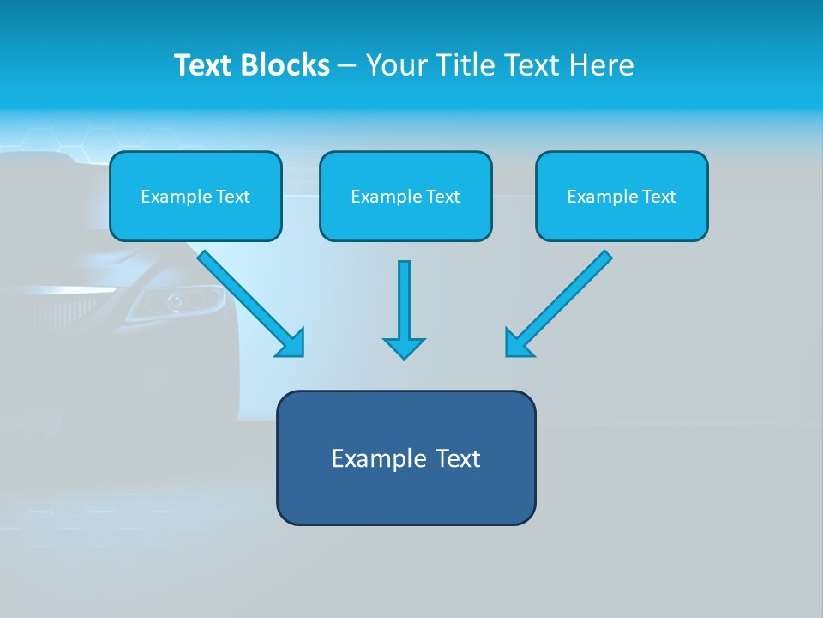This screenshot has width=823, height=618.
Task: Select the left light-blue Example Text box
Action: [x=195, y=197]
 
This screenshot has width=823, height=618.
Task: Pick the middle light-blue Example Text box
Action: [x=405, y=197]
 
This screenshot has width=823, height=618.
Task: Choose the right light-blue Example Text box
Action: [x=622, y=197]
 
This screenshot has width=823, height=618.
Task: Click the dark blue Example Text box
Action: [x=405, y=458]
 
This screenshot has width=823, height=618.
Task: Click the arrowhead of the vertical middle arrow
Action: [x=404, y=347]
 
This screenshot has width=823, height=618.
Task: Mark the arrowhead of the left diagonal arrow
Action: [x=291, y=343]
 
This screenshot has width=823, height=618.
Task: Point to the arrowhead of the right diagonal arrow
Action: [x=518, y=343]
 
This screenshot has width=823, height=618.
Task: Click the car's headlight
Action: [x=180, y=301]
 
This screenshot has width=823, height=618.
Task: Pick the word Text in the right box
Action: [x=659, y=197]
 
